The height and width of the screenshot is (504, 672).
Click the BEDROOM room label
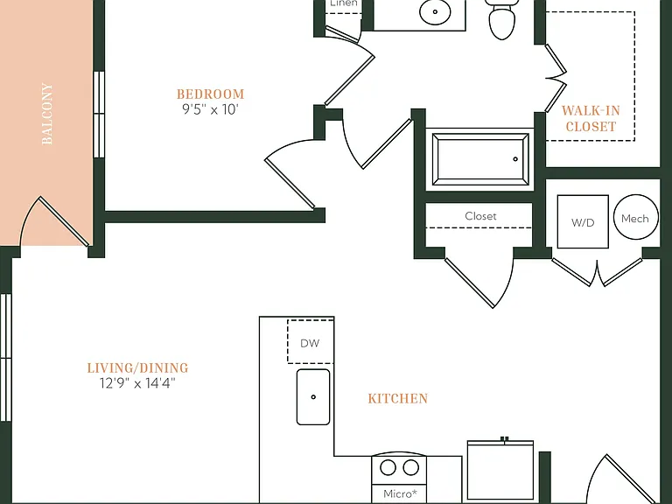pos(210,94)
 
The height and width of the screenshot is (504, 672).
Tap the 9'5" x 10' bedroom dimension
pos(210,109)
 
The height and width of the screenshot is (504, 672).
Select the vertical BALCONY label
pos(47,114)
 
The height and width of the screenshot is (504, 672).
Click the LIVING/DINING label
pos(137,367)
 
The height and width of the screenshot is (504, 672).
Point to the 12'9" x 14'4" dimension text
pos(137,382)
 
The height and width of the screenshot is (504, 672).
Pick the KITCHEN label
pos(398,399)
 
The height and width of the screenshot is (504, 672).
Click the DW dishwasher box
pos(311,341)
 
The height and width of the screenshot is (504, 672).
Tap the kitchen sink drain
pos(313,397)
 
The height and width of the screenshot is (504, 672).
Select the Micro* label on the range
pos(400,493)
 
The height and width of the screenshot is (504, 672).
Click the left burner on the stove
pos(388,467)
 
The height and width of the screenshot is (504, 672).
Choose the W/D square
pos(583,221)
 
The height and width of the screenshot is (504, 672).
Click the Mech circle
pos(635,217)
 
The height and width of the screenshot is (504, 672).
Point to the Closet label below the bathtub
pos(480,216)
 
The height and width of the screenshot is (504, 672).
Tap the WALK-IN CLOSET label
pos(591,119)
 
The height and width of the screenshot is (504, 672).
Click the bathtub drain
pos(515,159)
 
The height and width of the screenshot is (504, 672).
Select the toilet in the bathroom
pos(501,19)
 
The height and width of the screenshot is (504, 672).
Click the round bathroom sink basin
pos(435,11)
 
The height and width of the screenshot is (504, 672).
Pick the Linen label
pos(344,3)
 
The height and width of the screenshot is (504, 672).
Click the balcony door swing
pos(54,221)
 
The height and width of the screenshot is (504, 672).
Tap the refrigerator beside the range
pos(500,472)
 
